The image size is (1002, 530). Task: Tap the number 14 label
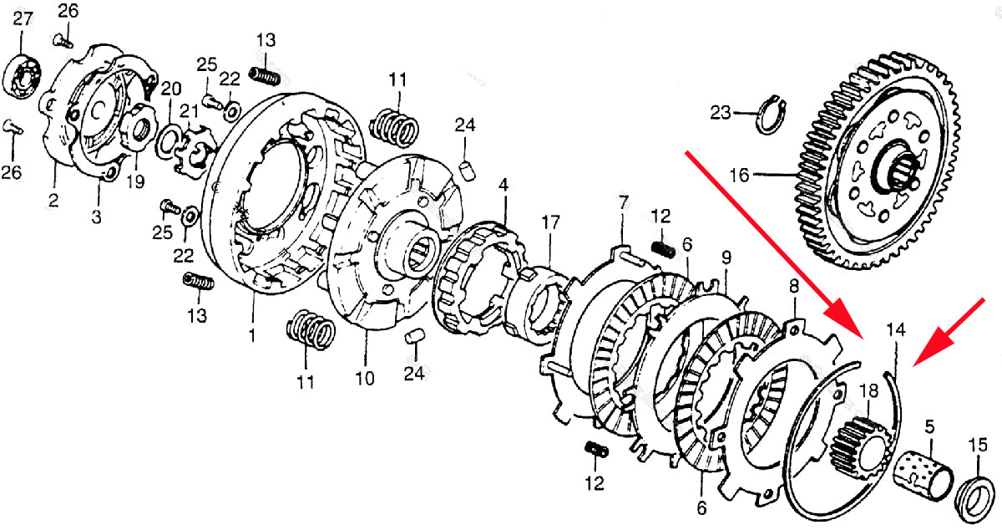895,329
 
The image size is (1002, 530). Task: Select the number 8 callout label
793,288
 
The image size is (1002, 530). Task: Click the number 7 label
623,201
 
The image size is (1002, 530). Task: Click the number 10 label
365,379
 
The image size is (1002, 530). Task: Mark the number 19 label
135,181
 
